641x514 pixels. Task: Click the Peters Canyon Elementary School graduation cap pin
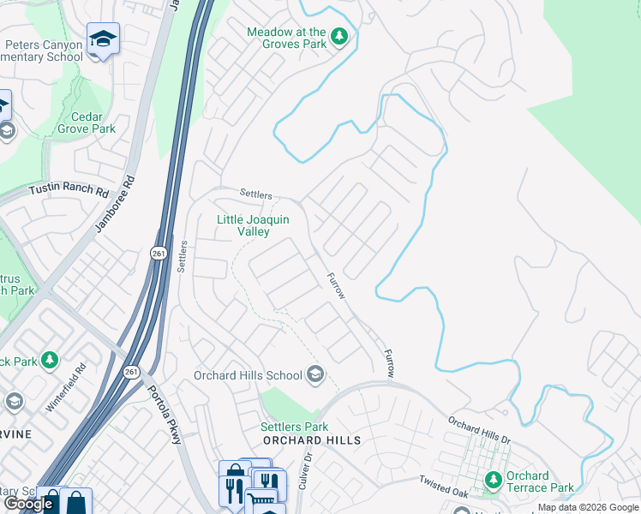click(x=103, y=39)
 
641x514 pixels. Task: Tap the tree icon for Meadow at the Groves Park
click(x=340, y=36)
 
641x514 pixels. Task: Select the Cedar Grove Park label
click(x=80, y=123)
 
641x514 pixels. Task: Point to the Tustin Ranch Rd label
click(x=69, y=190)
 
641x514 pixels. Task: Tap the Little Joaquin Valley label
click(x=253, y=225)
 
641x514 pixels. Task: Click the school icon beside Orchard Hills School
click(x=315, y=374)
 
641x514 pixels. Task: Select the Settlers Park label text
click(x=295, y=427)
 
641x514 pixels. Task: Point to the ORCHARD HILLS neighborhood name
click(x=311, y=439)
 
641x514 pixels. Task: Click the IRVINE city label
click(x=15, y=434)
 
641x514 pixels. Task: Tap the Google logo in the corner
click(x=29, y=504)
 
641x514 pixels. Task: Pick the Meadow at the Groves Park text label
click(x=286, y=37)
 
